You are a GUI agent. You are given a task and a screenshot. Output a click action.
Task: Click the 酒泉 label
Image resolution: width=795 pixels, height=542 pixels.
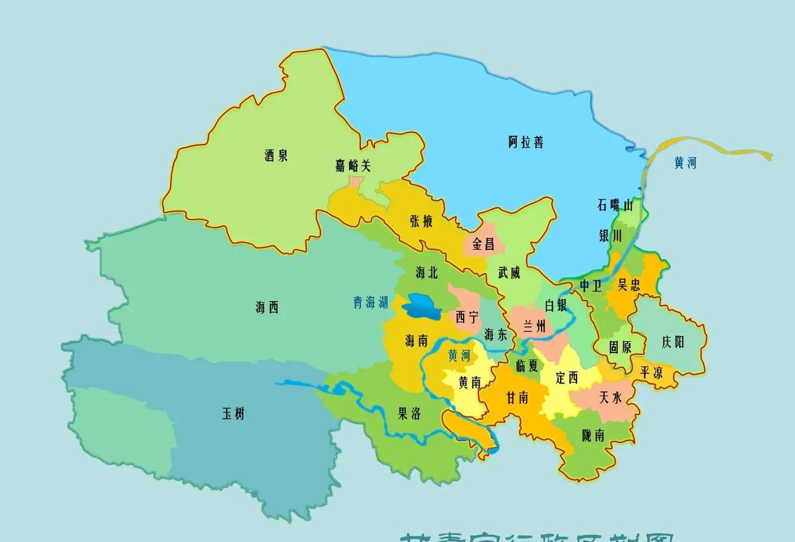(x=276, y=155)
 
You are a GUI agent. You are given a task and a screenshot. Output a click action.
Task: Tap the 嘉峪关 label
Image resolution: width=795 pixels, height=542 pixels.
(x=353, y=166)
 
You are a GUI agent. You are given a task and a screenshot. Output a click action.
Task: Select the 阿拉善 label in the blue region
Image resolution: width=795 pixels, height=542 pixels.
(x=526, y=142)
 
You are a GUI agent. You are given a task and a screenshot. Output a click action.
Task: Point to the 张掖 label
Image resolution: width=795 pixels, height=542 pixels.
(x=421, y=221)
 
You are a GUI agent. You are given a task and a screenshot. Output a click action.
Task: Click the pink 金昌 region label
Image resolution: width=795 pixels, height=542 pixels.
(x=483, y=244)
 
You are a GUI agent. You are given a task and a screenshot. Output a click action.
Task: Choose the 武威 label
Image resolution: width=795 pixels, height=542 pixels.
(x=509, y=273)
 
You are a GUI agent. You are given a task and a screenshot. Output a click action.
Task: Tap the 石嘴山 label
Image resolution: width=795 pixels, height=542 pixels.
(x=615, y=205)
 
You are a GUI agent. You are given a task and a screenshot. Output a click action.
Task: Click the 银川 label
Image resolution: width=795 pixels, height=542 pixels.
(x=611, y=236)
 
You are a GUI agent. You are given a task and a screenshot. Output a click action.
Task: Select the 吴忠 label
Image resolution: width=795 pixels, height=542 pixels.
(x=629, y=285)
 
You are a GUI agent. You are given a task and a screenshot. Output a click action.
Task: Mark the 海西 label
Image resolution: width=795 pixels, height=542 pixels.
(x=267, y=307)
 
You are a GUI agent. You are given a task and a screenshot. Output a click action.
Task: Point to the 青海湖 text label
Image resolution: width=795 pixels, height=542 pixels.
(x=371, y=302)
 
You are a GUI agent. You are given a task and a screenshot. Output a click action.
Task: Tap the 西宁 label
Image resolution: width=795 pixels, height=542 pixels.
(x=467, y=318)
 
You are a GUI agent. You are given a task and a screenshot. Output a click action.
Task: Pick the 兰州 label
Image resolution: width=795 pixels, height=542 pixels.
(x=534, y=326)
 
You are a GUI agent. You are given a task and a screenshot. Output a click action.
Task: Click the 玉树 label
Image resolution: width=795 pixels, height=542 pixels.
(x=233, y=414)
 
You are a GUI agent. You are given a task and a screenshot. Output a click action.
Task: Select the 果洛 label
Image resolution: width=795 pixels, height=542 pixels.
(x=409, y=414)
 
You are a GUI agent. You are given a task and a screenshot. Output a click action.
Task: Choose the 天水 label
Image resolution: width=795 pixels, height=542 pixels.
(x=611, y=397)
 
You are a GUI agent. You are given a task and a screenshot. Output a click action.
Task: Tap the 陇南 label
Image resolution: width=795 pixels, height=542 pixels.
(x=593, y=435)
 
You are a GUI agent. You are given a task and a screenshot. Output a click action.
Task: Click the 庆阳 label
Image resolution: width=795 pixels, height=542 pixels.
(x=673, y=342)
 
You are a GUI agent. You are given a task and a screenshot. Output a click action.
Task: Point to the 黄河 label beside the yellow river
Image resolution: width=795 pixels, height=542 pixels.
(x=685, y=163)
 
